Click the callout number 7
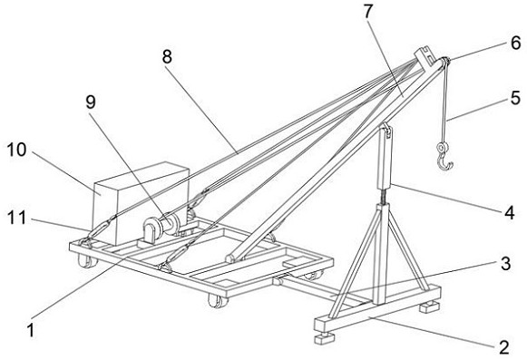[368, 12]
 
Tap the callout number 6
[515, 43]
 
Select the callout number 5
[515, 98]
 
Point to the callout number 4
[509, 212]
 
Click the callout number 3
[505, 264]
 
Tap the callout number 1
[31, 330]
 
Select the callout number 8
[167, 56]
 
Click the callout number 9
[91, 102]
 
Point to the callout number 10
[16, 150]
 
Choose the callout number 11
[17, 218]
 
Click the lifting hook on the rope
[444, 157]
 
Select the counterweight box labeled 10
[141, 203]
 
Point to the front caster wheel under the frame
[218, 300]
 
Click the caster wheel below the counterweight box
[87, 260]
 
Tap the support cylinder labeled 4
[385, 156]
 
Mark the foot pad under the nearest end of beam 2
[325, 338]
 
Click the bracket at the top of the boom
[425, 56]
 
